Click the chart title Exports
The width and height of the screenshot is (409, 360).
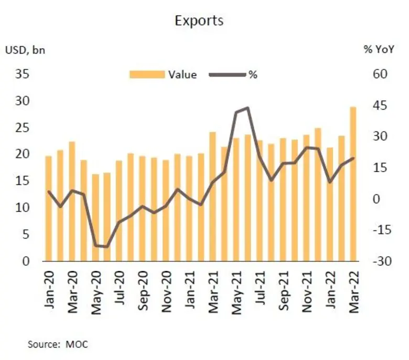tap(199, 20)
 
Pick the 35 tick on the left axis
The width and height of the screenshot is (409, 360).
tap(23, 74)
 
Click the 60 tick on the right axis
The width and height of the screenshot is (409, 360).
tap(380, 74)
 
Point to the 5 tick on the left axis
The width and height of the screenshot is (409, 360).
tap(26, 235)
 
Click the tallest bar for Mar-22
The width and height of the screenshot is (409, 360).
tap(353, 184)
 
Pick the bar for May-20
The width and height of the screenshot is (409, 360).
tap(95, 217)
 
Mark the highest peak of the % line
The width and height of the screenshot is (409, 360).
tap(247, 108)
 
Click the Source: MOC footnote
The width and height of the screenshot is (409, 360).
tap(58, 344)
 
